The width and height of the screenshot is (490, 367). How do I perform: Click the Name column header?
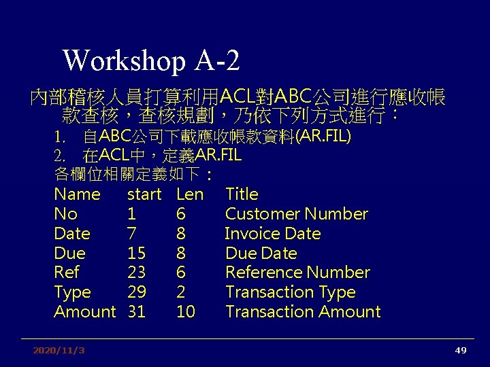(x=77, y=194)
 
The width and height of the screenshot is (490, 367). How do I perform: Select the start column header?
(x=144, y=194)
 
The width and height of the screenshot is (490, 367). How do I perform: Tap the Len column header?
(x=189, y=194)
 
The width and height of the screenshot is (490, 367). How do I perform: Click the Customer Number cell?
(x=296, y=214)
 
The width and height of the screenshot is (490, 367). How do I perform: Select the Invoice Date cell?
(x=272, y=234)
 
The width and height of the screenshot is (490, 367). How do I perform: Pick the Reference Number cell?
(x=297, y=273)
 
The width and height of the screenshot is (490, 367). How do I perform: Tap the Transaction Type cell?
(x=290, y=292)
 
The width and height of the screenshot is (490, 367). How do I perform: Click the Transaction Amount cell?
(x=303, y=312)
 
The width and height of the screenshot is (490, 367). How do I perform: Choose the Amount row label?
(x=85, y=312)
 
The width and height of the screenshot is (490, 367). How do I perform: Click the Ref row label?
(x=67, y=273)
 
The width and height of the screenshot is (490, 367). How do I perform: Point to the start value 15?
(x=136, y=254)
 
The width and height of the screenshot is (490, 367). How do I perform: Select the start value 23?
(x=137, y=273)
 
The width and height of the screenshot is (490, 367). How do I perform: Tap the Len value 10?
(x=185, y=312)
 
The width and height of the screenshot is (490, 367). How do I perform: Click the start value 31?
(x=136, y=312)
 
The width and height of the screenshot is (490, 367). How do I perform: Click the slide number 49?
(x=461, y=351)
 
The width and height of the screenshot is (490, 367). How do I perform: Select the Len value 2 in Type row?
(x=180, y=292)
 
